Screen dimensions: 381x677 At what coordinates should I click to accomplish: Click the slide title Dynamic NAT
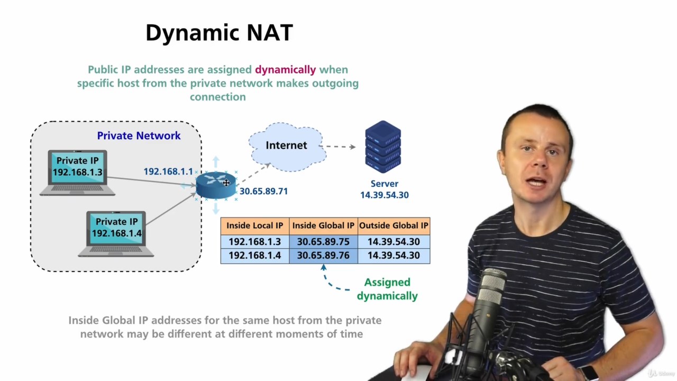click(219, 33)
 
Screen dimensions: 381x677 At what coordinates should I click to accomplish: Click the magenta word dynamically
click(285, 69)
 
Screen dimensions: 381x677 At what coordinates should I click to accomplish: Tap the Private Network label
click(139, 135)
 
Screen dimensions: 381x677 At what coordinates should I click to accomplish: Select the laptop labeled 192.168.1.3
click(77, 172)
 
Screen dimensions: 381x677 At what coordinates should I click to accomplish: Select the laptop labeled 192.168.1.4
click(116, 233)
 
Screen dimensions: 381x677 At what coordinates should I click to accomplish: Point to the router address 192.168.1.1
click(168, 171)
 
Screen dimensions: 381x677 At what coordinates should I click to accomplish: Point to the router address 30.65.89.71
click(263, 191)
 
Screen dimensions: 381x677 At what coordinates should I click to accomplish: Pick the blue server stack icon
click(383, 147)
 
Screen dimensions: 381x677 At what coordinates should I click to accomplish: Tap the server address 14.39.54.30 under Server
click(385, 195)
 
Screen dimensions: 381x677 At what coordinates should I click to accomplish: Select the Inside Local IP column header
click(254, 225)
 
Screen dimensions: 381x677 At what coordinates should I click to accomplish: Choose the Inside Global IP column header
click(323, 225)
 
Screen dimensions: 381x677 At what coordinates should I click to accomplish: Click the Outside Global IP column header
click(394, 225)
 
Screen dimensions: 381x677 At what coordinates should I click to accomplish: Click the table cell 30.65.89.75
click(323, 242)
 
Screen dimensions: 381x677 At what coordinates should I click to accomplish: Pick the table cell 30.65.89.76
click(323, 256)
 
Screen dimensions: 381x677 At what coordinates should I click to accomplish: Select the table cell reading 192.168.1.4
click(254, 256)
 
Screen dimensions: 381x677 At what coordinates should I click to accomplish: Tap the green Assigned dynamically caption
click(387, 289)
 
